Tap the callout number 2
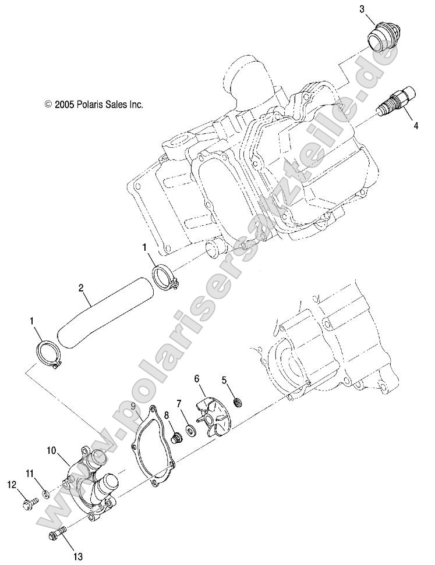click(x=82, y=287)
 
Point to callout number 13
click(x=77, y=557)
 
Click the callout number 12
click(x=11, y=484)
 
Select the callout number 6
click(x=197, y=378)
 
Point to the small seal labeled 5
click(x=238, y=401)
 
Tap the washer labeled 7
click(x=190, y=431)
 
